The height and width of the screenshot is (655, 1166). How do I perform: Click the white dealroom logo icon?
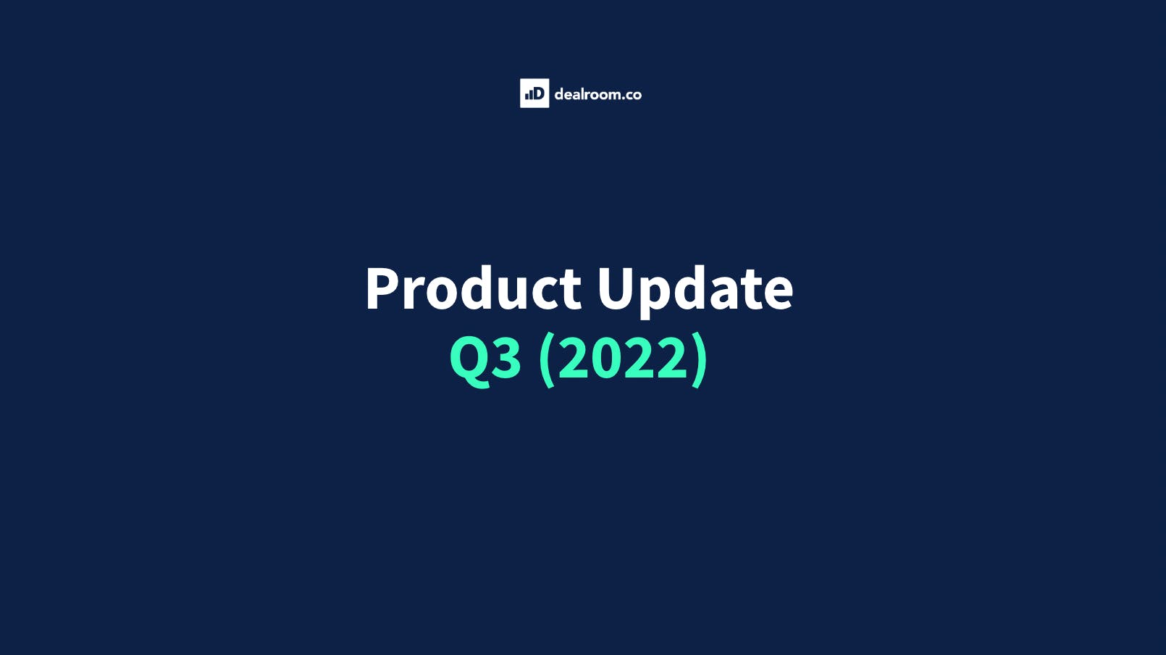click(534, 93)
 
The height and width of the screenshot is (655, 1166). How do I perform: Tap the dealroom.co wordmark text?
click(597, 94)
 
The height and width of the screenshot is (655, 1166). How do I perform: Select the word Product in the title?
click(473, 288)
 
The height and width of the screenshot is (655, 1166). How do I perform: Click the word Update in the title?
click(695, 288)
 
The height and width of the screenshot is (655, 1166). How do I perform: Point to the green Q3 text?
click(485, 357)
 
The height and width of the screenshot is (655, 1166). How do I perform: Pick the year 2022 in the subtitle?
click(624, 357)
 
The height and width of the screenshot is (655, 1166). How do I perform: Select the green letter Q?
click(469, 357)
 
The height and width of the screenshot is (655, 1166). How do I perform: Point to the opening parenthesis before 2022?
click(547, 359)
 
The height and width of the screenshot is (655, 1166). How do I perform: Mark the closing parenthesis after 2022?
click(700, 359)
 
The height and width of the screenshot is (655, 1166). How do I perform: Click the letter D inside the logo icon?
click(538, 93)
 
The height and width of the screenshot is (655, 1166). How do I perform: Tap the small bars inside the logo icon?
click(529, 95)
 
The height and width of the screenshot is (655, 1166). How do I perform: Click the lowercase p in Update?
click(655, 293)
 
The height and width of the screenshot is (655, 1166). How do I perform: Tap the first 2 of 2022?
click(574, 357)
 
